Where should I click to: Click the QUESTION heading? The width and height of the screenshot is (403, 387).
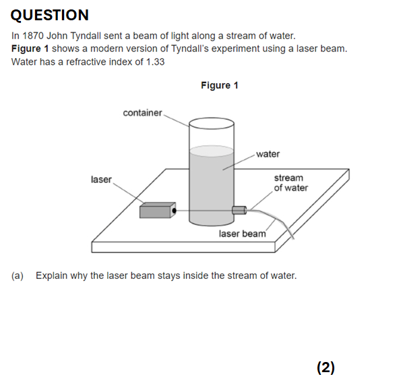pos(50,15)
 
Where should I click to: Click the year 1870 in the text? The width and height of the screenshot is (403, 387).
pos(33,36)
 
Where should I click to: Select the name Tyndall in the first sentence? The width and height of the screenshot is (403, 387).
pos(86,36)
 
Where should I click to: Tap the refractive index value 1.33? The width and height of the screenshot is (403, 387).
pos(155,62)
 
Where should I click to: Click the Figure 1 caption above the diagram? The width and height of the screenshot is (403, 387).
pos(220,85)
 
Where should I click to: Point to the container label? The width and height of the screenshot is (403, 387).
pos(142,113)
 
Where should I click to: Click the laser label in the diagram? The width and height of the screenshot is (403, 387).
pos(101,180)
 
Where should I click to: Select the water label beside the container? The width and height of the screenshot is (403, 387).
pos(268,154)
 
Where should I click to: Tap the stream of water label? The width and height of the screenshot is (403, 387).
pos(291,183)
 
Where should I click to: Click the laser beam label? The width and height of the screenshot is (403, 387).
pos(243,234)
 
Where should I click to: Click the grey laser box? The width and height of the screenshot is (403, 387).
pos(158,210)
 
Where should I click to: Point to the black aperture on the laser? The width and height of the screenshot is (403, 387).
pos(174,211)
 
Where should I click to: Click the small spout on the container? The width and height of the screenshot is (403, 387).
pos(239,210)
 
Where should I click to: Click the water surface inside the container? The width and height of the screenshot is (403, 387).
pos(212,151)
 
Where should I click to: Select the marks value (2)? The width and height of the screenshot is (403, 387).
pos(325,367)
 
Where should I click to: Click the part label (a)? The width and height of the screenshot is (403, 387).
pos(18,276)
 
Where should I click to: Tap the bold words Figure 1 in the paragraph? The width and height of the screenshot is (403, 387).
pos(30,49)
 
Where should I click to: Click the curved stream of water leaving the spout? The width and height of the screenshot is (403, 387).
pos(278,220)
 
